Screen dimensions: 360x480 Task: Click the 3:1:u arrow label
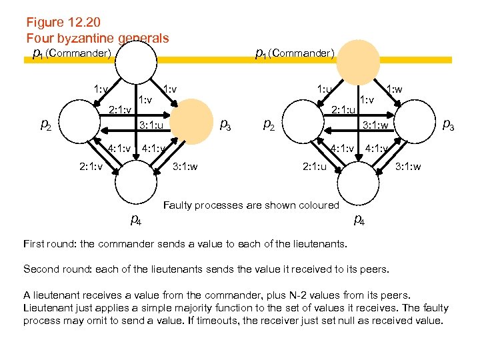[x=155, y=125]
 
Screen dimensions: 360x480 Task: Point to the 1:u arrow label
[x=324, y=90]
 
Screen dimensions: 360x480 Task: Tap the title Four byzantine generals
[x=97, y=38]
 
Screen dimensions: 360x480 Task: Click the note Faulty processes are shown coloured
[x=251, y=205]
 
